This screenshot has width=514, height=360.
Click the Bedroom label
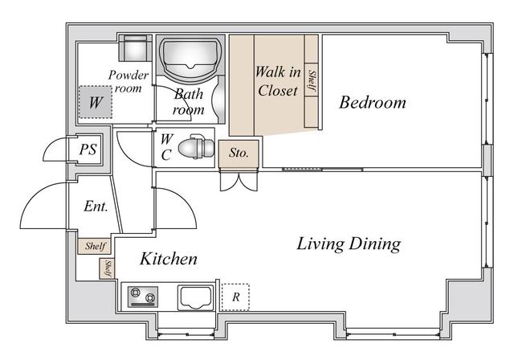coord(372,103)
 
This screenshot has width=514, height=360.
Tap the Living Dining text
coord(349,243)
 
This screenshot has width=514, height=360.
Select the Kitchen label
coord(169,259)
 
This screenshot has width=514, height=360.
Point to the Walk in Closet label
coord(277,81)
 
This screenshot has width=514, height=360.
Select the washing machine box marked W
coord(96,103)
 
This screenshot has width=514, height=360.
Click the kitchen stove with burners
coord(145,297)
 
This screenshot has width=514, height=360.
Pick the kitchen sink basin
coord(194,297)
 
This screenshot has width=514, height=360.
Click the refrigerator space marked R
coord(235,297)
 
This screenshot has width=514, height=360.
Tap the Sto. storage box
coord(239,153)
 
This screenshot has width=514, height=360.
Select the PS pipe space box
coord(88,150)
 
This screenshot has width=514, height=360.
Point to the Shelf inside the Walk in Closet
coord(312,80)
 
